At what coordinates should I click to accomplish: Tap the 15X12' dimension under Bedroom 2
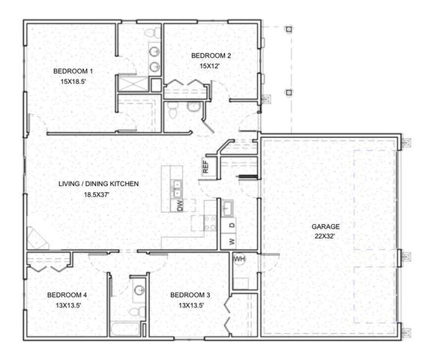(204, 66)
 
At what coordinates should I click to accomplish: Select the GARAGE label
(325, 226)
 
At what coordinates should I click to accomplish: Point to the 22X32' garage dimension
(325, 235)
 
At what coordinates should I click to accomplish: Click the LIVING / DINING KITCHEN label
(98, 183)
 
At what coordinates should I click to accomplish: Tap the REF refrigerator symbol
(205, 167)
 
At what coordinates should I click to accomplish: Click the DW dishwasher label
(180, 205)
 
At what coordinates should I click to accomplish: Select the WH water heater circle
(240, 259)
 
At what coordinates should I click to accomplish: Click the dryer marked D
(232, 225)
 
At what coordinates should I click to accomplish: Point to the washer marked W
(232, 241)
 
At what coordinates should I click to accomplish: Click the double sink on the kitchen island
(178, 186)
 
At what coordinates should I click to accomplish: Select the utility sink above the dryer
(226, 206)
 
